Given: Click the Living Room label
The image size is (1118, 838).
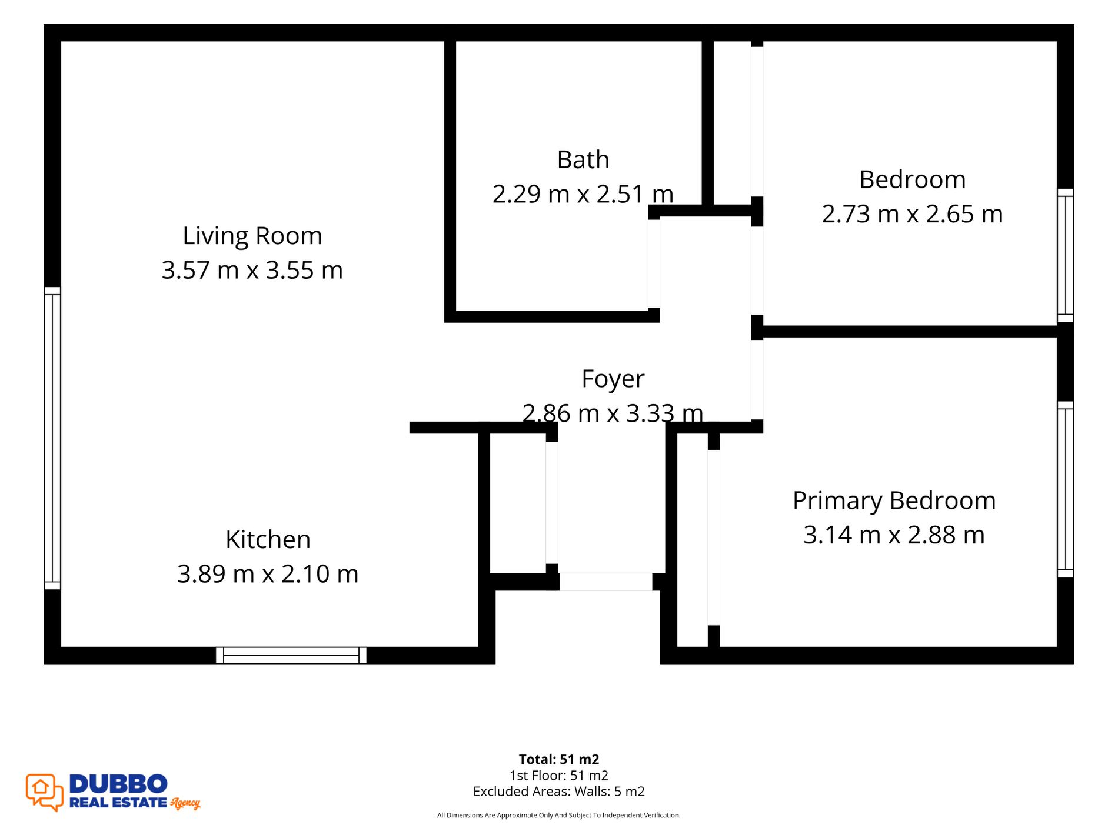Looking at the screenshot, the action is click(252, 236).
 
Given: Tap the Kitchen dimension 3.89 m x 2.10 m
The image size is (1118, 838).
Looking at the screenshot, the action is click(268, 574).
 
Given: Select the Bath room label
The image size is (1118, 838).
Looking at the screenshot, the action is click(583, 160).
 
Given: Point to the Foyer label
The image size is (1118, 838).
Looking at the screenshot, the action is click(613, 379).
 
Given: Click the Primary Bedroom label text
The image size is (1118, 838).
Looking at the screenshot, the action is click(894, 501).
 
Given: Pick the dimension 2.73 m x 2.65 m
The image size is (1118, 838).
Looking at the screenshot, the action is click(912, 214).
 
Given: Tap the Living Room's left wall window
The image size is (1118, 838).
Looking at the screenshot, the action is click(52, 438).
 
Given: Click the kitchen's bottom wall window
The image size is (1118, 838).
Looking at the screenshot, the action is click(291, 655).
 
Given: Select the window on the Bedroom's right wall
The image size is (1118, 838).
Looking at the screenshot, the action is click(1066, 255).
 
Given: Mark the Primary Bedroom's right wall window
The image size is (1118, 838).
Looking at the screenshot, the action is click(1066, 489).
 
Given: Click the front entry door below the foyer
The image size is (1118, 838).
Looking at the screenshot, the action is click(605, 582).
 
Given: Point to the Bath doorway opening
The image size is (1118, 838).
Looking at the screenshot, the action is click(654, 263).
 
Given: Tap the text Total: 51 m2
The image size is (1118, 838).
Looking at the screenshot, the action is click(559, 759).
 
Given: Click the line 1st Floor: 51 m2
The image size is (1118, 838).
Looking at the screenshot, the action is click(559, 776).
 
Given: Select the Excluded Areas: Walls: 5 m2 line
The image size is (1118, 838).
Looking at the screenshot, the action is click(559, 792).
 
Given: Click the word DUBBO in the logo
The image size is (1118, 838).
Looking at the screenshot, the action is click(118, 784).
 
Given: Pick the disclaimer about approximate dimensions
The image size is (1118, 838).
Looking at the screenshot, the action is click(559, 815).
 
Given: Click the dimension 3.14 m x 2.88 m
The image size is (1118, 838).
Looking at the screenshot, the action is click(894, 535).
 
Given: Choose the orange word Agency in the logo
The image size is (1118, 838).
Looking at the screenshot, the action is click(185, 803).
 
